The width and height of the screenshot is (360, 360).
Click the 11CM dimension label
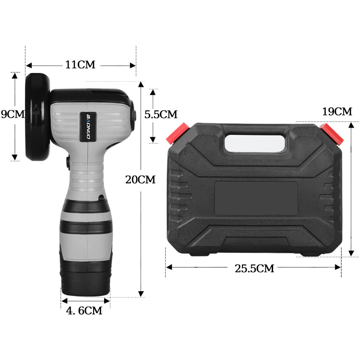click(x=81, y=65)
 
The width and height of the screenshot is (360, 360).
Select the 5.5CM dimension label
click(x=161, y=115)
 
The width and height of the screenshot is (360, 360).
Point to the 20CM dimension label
click(x=140, y=180)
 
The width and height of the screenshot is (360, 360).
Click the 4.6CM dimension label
click(x=84, y=311)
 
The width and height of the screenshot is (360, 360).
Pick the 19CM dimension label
click(x=336, y=112)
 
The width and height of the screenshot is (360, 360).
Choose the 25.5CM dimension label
click(x=254, y=269)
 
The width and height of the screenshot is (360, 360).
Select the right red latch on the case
click(x=332, y=133)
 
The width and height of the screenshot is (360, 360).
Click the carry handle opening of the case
click(x=255, y=140)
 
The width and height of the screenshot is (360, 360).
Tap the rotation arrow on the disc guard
click(x=35, y=115)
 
